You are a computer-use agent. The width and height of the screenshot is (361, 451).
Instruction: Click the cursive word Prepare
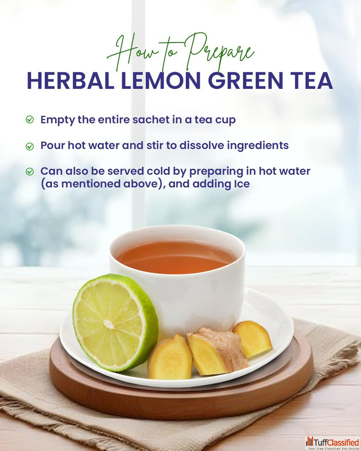[219, 53]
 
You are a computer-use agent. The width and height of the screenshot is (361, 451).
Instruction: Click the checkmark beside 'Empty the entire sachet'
[30, 119]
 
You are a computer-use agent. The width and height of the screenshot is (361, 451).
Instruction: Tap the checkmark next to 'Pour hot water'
[30, 146]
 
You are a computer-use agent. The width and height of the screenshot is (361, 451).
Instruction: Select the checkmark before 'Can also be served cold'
[30, 171]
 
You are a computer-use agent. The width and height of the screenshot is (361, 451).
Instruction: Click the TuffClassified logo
[332, 443]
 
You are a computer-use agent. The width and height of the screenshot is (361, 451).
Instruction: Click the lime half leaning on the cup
[115, 322]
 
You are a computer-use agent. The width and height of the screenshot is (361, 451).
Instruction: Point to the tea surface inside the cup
[176, 257]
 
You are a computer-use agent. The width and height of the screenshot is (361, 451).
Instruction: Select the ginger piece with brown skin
[218, 351]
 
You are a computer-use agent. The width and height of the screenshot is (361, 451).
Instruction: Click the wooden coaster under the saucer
[181, 403]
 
